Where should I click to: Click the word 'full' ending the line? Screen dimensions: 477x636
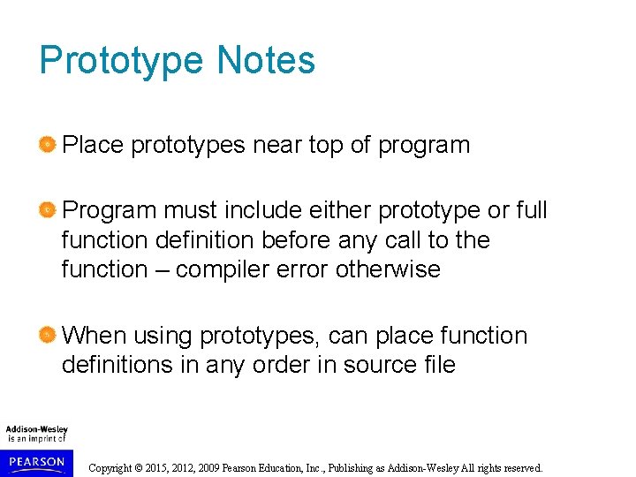pyautogui.click(x=530, y=210)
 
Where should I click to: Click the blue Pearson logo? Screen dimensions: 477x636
pyautogui.click(x=36, y=462)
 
